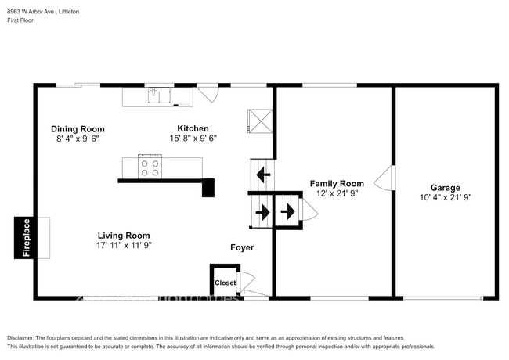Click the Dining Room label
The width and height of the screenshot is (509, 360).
[78, 129]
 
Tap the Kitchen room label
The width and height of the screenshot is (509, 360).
[193, 128]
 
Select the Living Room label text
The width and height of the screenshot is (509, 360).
[124, 235]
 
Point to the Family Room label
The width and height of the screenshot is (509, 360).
[337, 183]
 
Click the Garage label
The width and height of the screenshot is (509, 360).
[445, 188]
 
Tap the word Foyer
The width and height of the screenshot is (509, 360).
[242, 247]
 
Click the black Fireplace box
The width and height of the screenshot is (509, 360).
[25, 237]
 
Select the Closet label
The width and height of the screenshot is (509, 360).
[226, 283]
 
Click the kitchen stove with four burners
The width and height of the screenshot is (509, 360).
[150, 167]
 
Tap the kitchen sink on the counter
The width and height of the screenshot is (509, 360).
[161, 96]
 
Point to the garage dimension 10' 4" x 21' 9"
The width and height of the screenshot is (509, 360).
[445, 198]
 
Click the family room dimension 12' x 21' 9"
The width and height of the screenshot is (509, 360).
[337, 193]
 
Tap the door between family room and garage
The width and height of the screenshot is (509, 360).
[383, 182]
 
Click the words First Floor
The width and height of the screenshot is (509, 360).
[21, 21]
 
